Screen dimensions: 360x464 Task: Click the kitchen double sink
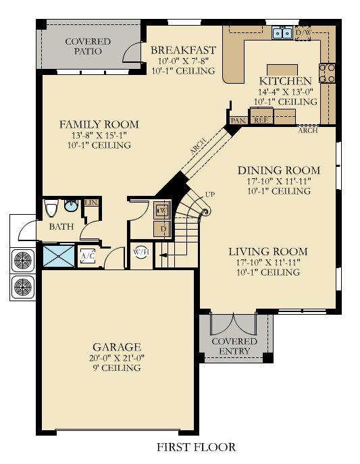tap(282, 32)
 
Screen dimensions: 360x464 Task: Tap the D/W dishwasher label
tap(303, 32)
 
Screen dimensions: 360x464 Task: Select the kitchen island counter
tap(282, 70)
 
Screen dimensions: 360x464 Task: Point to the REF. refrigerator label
tap(261, 120)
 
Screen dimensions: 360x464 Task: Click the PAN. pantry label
tap(238, 121)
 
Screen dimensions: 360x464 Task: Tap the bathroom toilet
tap(51, 208)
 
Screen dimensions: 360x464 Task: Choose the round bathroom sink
tap(72, 206)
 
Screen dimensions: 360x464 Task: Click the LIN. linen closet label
tap(91, 203)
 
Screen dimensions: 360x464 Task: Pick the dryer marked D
tap(162, 229)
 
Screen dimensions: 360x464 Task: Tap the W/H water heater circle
tap(141, 253)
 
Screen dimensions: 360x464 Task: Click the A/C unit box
tap(88, 256)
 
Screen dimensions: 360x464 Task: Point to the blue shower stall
tap(59, 256)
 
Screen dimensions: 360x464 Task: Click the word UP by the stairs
tap(210, 195)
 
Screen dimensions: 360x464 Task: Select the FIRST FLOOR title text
tap(196, 447)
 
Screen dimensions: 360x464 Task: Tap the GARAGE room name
tap(117, 346)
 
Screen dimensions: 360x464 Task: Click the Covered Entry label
tap(234, 346)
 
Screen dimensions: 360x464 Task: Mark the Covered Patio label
tap(88, 46)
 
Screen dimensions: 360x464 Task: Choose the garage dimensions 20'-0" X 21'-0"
tap(117, 358)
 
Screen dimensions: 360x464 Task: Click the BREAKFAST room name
tap(184, 50)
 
